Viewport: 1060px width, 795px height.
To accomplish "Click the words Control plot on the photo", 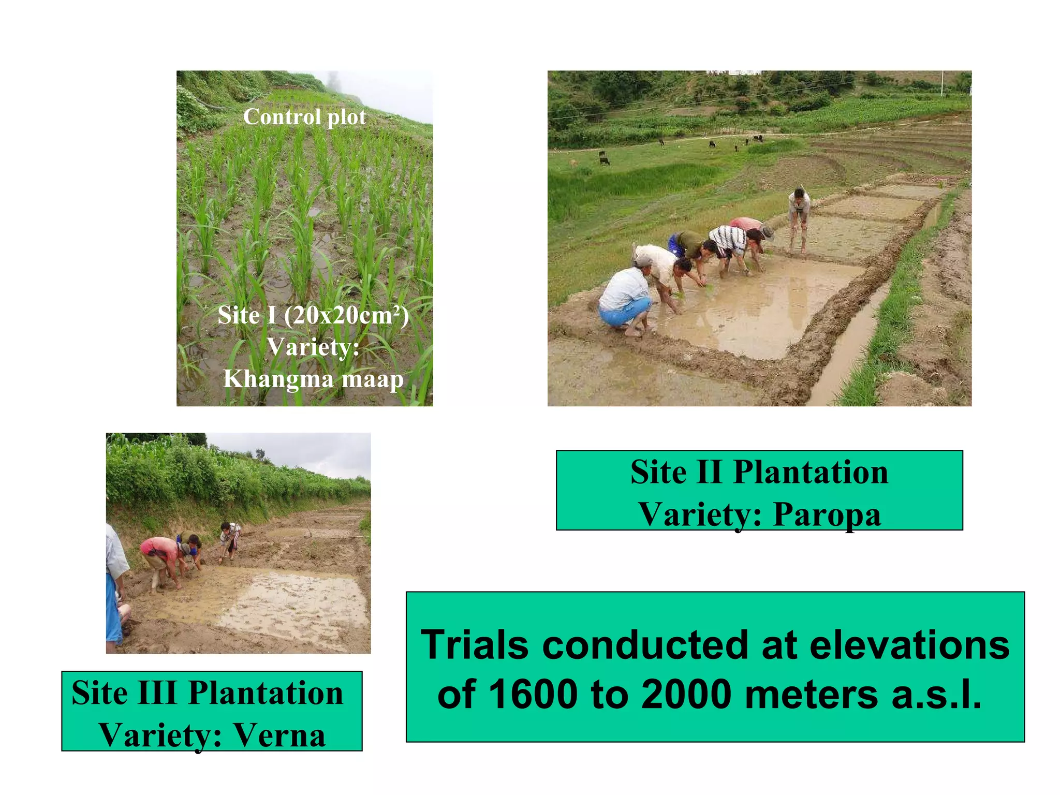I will (304, 117).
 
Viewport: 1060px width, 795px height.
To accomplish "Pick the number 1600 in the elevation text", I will (533, 694).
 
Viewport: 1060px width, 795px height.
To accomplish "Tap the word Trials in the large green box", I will (475, 645).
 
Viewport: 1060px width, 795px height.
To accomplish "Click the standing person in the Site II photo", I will (799, 217).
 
